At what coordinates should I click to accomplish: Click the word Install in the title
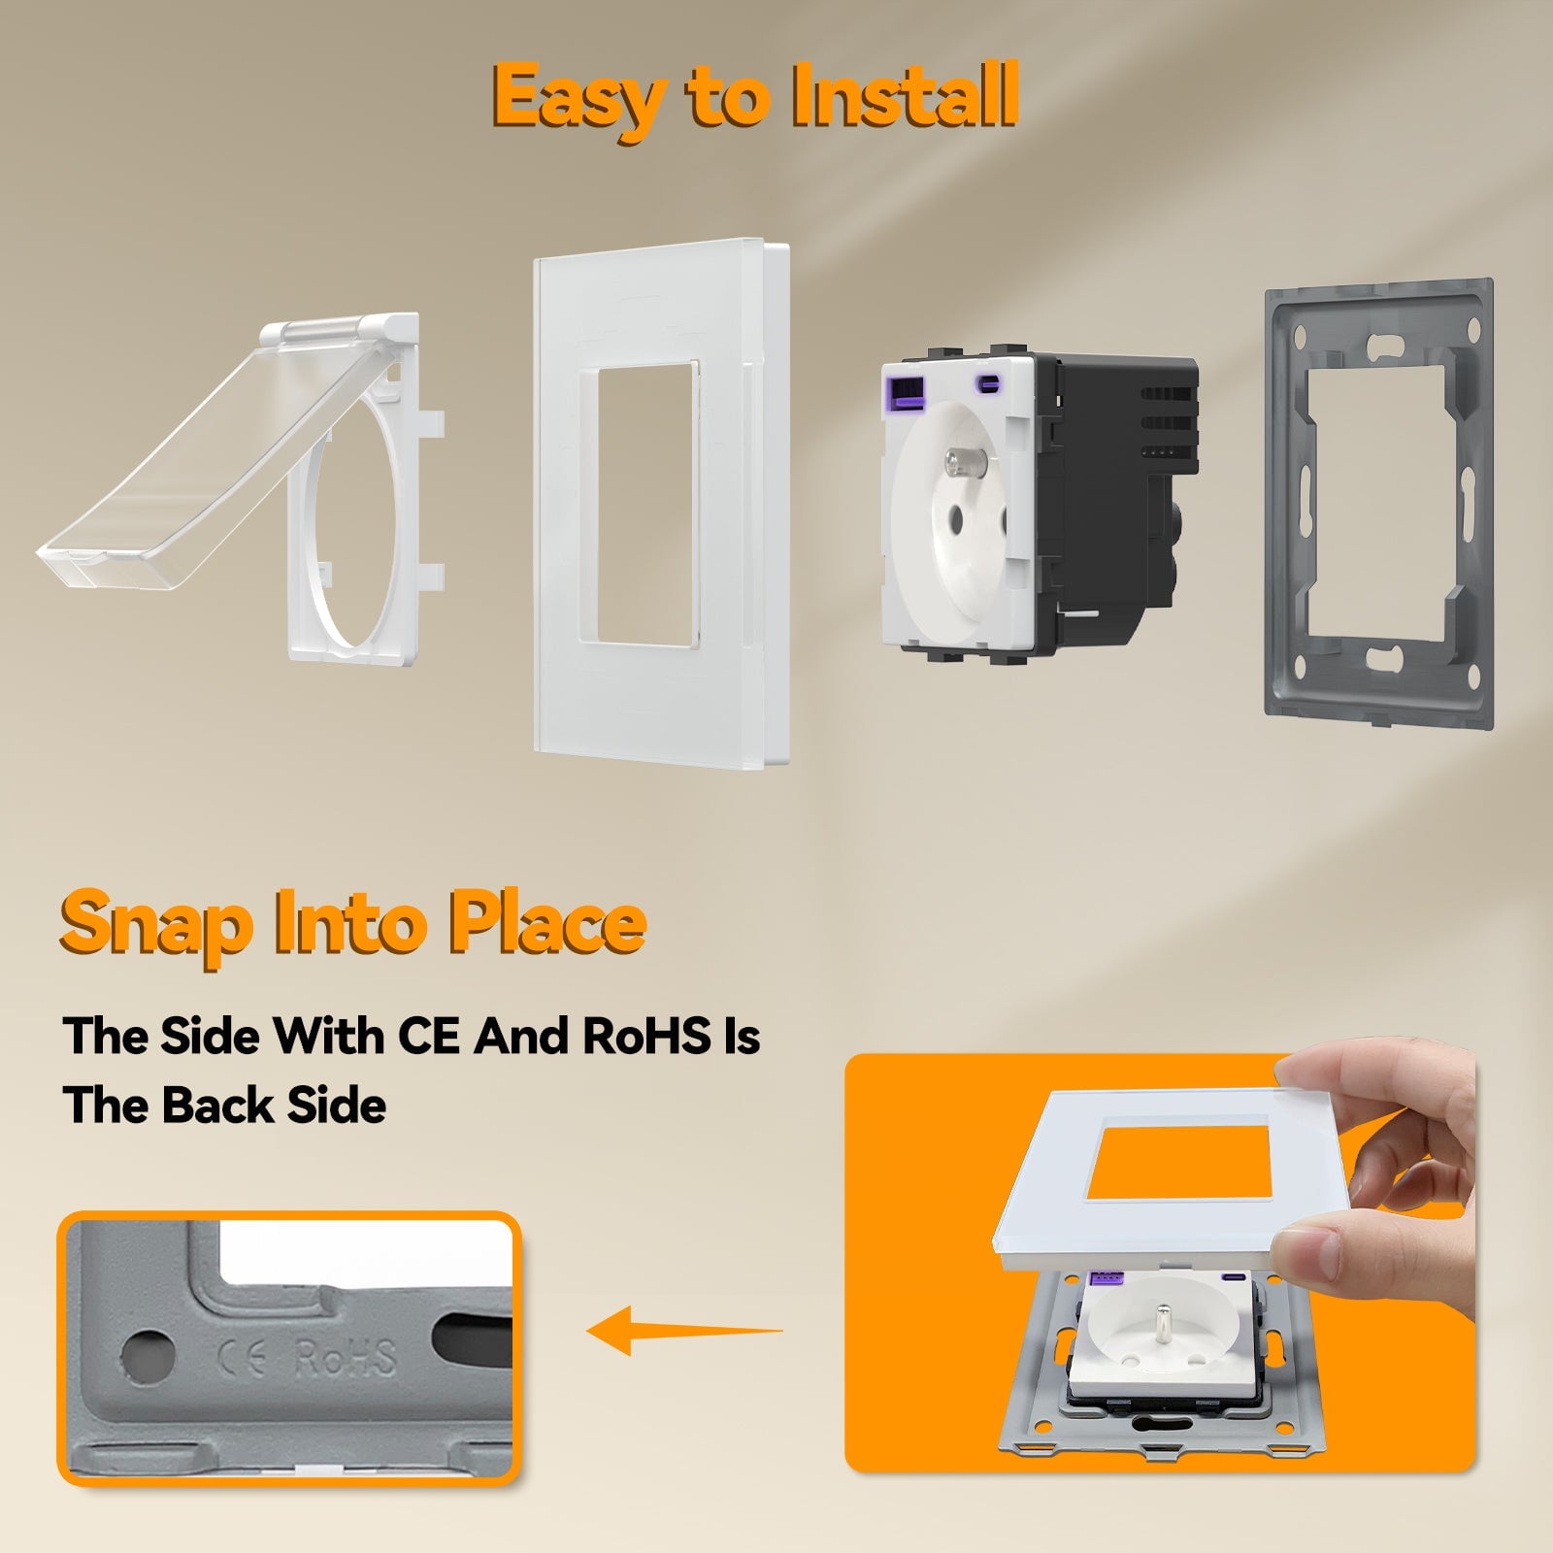tap(905, 94)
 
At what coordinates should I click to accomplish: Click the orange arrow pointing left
tap(685, 1330)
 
